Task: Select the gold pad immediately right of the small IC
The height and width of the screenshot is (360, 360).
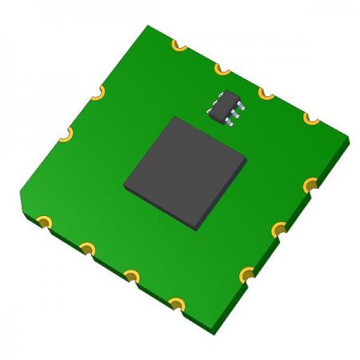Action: [265, 94]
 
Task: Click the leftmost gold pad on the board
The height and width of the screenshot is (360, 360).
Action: [44, 219]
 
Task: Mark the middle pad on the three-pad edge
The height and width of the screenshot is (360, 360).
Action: [278, 231]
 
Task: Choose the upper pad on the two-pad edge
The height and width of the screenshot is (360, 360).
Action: [97, 94]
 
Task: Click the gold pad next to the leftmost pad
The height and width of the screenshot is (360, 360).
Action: [87, 247]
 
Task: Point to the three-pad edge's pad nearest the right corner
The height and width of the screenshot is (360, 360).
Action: [311, 186]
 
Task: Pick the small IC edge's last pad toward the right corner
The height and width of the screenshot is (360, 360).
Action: [310, 118]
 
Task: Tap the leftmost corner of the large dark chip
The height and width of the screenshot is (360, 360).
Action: [125, 186]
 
